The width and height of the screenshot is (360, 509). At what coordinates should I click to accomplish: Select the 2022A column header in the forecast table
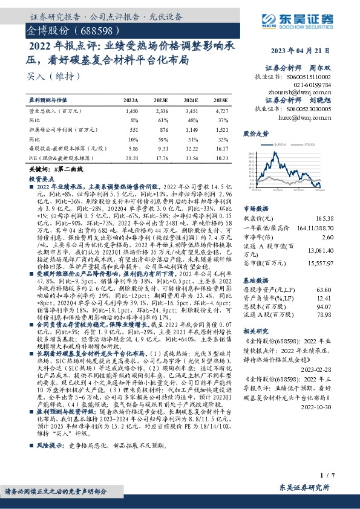tap(130, 99)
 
